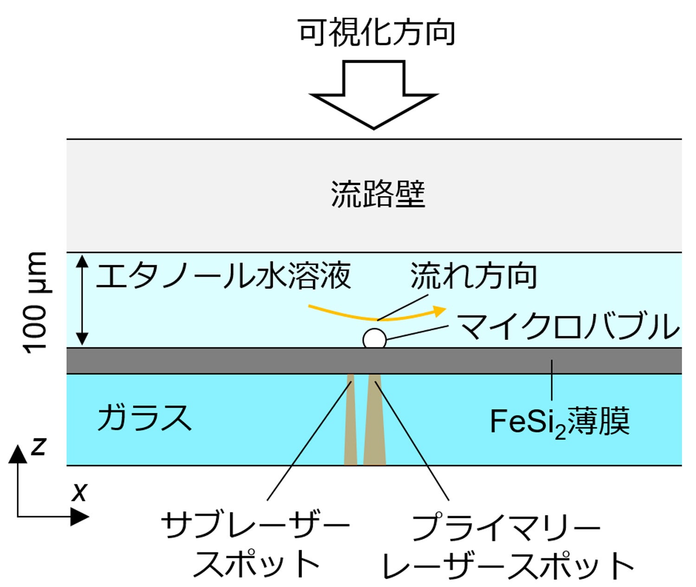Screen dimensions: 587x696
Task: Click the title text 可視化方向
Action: (376, 33)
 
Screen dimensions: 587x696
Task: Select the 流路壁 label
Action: (378, 194)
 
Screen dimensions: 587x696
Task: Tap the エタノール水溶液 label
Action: (223, 276)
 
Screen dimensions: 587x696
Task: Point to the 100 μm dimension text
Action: (36, 302)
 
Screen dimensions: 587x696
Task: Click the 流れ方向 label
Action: (474, 276)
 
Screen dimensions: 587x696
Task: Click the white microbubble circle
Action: (374, 339)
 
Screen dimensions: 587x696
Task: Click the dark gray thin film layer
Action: (232, 360)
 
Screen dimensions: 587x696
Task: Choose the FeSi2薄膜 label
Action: (560, 422)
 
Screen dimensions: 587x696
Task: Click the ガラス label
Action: (144, 417)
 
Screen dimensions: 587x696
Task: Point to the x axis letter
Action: (79, 492)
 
